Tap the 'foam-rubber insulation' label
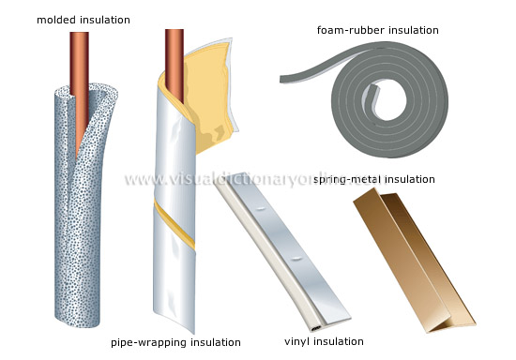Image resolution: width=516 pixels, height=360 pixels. (x=377, y=30)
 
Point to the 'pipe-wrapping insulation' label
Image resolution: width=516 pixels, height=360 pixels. (x=175, y=341)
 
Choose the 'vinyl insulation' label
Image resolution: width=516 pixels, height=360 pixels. (x=326, y=341)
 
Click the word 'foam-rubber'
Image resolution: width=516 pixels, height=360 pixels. (x=348, y=30)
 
